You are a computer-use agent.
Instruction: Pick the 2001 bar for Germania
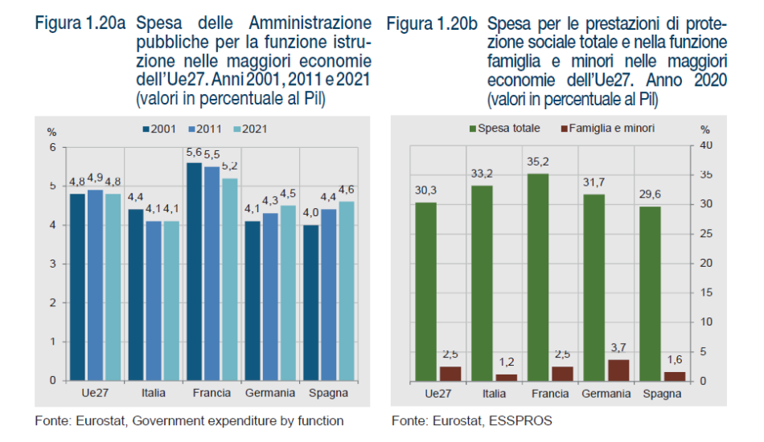[253, 301]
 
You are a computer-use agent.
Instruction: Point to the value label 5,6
[194, 153]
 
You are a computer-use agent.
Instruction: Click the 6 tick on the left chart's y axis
[53, 148]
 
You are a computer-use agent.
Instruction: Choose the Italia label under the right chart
[494, 394]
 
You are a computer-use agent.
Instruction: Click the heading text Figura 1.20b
[433, 24]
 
